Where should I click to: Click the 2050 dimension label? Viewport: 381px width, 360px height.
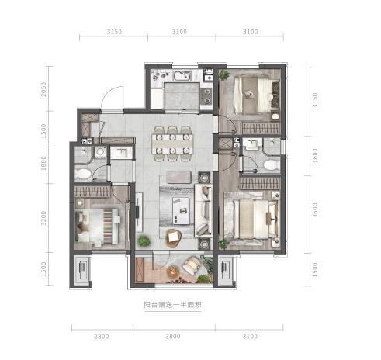[x=43, y=89]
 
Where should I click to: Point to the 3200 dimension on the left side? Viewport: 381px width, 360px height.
[x=43, y=218]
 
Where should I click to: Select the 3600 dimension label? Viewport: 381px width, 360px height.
[x=314, y=209]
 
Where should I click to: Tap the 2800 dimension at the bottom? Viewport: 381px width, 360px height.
[x=102, y=337]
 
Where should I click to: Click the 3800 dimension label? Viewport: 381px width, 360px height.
[x=173, y=337]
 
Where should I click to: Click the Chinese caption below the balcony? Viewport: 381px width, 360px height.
[x=173, y=305]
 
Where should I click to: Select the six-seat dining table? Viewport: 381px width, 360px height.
[x=172, y=144]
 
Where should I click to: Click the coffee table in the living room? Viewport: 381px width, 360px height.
[x=181, y=211]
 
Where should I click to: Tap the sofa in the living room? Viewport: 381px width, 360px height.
[x=203, y=210]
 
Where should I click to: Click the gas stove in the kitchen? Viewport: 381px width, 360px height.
[x=206, y=95]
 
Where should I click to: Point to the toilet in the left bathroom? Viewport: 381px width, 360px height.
[x=82, y=174]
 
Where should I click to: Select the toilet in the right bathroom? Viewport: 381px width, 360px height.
[x=271, y=164]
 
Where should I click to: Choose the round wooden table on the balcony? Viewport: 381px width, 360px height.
[x=172, y=272]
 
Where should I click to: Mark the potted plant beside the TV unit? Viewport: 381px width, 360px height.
[x=144, y=241]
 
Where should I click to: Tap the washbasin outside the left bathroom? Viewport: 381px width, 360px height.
[x=121, y=153]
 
